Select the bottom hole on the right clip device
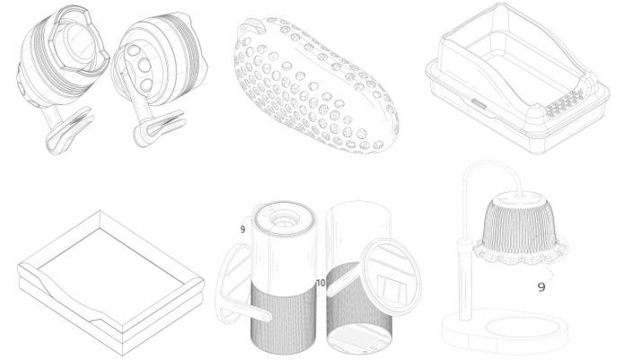click(146, 84)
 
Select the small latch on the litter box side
click(479, 104)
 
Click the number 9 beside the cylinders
click(242, 229)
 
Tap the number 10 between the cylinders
click(321, 283)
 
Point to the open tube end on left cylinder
click(266, 317)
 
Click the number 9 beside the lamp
click(541, 286)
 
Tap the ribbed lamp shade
click(519, 225)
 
